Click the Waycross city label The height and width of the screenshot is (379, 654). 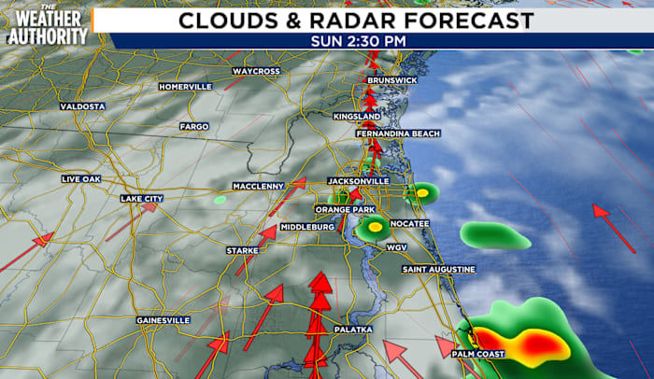(x=255, y=71)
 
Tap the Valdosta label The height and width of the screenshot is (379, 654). (x=83, y=106)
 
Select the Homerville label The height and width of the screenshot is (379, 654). (x=185, y=87)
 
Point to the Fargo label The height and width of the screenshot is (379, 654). (x=194, y=126)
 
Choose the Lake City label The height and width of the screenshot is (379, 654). (x=141, y=199)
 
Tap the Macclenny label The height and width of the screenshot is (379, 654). (x=259, y=186)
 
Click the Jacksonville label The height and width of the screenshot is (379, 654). (x=359, y=180)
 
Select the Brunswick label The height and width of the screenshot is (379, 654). (x=391, y=81)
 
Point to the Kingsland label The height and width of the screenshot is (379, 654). (x=357, y=117)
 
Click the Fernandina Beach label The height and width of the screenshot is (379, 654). (x=397, y=134)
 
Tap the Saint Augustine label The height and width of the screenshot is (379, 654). (x=439, y=270)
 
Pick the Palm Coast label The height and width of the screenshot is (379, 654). (x=478, y=355)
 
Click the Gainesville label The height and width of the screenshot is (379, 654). (x=163, y=320)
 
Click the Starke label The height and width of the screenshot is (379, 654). (x=242, y=250)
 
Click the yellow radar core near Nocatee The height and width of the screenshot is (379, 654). (x=375, y=226)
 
